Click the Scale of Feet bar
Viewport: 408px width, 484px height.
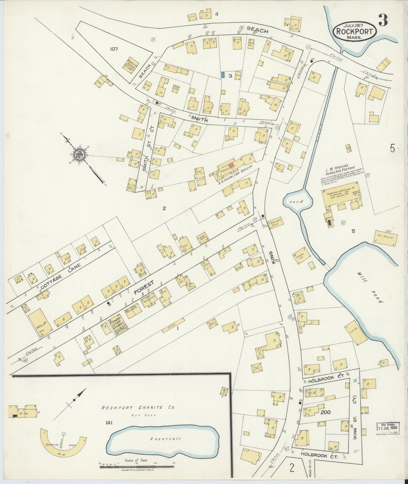point(137,465)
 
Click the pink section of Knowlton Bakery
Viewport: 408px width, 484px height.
point(232,166)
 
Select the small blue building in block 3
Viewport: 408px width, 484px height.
point(223,75)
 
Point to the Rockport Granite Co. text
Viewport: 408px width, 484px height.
point(138,407)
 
